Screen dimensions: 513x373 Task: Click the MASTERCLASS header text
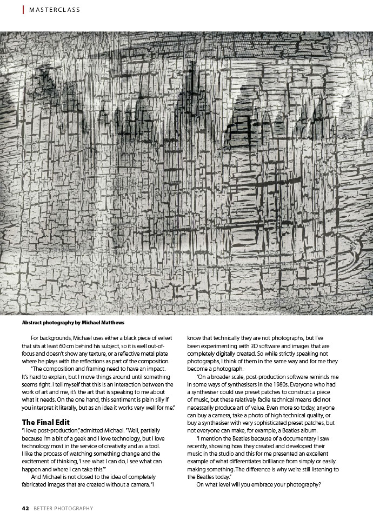coord(55,10)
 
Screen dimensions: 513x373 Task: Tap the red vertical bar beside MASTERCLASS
coord(23,10)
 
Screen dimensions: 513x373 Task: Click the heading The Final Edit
coord(45,422)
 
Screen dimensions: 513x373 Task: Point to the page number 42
coord(25,508)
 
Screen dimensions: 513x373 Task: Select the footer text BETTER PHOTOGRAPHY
coord(63,508)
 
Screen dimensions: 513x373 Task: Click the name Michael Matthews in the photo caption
coord(105,323)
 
